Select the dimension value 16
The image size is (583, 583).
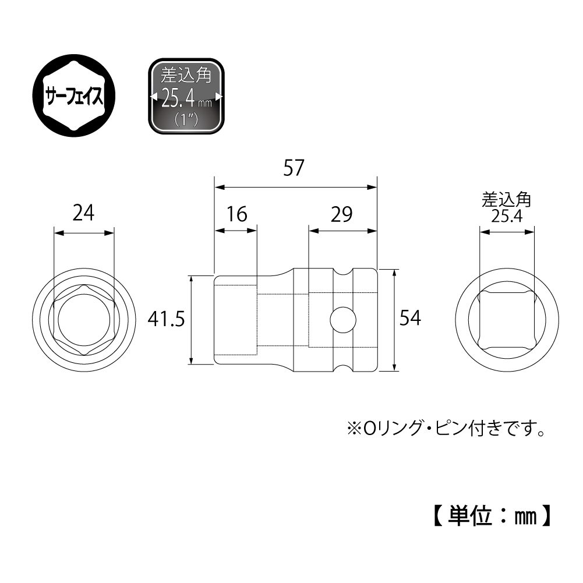pyautogui.click(x=237, y=214)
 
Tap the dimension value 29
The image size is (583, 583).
pyautogui.click(x=342, y=214)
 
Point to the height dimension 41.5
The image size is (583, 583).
pyautogui.click(x=167, y=320)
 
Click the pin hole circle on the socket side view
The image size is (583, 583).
pyautogui.click(x=342, y=319)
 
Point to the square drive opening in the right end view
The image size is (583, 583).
pyautogui.click(x=506, y=319)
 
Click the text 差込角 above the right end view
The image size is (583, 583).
pyautogui.click(x=506, y=201)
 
